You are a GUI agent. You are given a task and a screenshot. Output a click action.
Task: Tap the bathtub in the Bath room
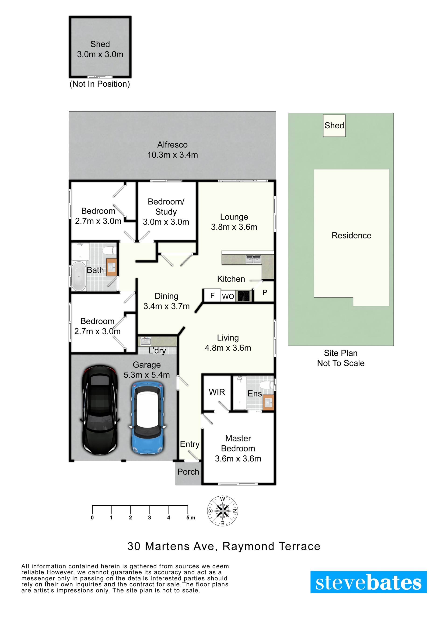(79, 276)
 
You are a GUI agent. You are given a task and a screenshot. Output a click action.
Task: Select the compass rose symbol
(223, 511)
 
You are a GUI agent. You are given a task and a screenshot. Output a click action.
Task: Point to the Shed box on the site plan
(334, 126)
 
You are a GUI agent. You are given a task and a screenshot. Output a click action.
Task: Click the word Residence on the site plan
(351, 235)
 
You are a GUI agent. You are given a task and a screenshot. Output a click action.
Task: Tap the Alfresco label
(172, 145)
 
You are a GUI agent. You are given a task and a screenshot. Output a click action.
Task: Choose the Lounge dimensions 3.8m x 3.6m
(234, 227)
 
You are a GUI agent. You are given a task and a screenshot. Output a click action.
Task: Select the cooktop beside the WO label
(244, 296)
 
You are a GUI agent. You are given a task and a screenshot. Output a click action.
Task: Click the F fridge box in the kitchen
(212, 295)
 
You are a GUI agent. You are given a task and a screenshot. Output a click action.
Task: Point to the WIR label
(217, 392)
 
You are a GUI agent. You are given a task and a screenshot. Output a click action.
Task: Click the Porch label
(188, 472)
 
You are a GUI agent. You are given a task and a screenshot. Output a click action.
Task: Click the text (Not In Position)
(100, 84)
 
